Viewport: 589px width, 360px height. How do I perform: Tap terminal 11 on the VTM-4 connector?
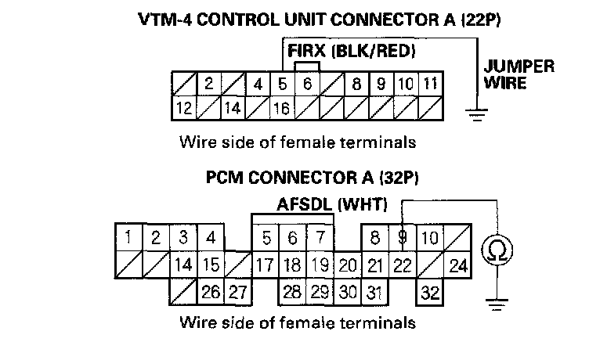[x=430, y=83]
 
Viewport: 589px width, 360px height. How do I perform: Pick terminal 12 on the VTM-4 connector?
[x=184, y=108]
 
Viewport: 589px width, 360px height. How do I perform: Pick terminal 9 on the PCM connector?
[x=402, y=237]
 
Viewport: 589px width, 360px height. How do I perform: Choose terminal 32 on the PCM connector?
[x=428, y=293]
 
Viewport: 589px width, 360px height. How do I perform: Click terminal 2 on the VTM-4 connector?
[x=208, y=83]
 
